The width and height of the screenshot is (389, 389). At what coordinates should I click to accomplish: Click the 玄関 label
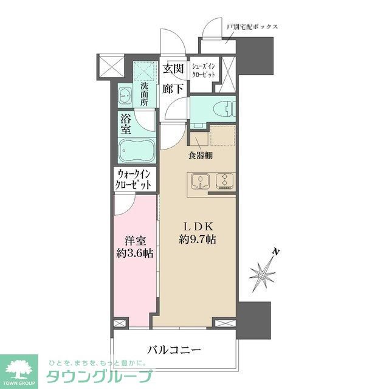pyautogui.click(x=174, y=69)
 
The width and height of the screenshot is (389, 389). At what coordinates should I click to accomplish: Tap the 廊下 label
pyautogui.click(x=174, y=88)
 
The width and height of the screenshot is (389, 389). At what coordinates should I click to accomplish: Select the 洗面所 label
pyautogui.click(x=145, y=95)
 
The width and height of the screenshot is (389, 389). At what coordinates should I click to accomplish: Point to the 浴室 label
pyautogui.click(x=125, y=123)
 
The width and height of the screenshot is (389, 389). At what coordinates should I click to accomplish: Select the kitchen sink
pyautogui.click(x=199, y=182)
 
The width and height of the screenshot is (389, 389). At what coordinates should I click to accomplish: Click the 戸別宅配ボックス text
pyautogui.click(x=252, y=27)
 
